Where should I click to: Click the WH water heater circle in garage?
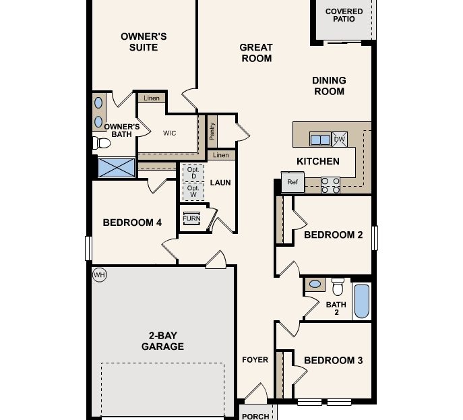click(99, 274)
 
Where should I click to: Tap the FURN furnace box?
click(191, 219)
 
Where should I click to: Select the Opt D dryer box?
click(193, 173)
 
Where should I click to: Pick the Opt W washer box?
click(193, 191)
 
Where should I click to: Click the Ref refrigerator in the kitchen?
click(292, 183)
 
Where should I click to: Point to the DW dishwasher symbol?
click(340, 140)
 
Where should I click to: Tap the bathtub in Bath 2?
click(362, 301)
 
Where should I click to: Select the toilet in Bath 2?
click(338, 287)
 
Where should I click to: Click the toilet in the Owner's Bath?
click(102, 143)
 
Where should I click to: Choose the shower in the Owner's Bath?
click(117, 167)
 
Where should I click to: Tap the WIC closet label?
click(169, 133)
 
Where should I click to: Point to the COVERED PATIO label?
click(344, 16)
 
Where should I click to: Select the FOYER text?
click(255, 360)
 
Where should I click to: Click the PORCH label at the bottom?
click(255, 416)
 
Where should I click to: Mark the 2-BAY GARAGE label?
click(162, 341)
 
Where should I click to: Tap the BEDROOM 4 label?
click(132, 222)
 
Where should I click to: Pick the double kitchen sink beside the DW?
click(320, 140)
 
